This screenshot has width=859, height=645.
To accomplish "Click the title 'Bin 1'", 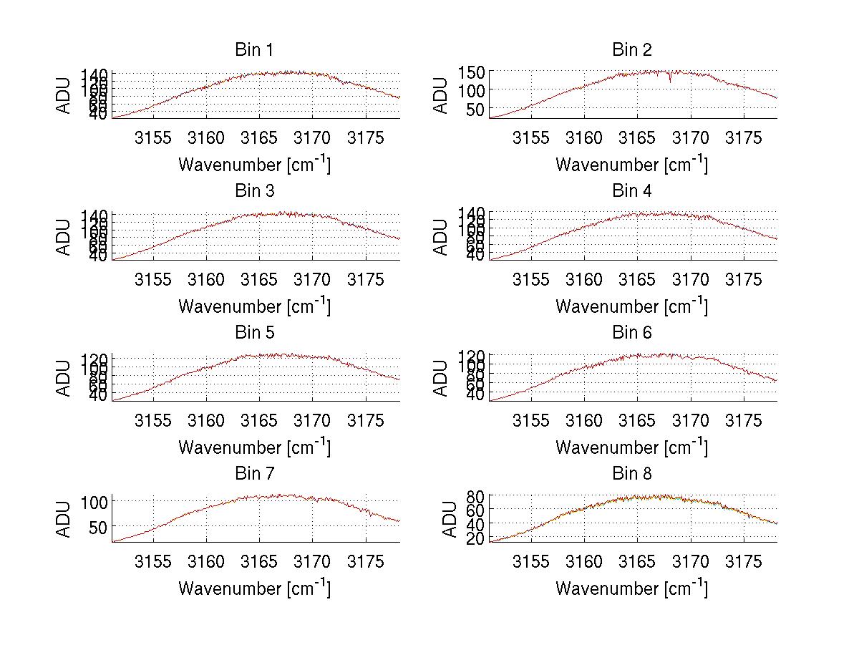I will [254, 50].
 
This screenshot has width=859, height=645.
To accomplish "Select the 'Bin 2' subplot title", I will [632, 50].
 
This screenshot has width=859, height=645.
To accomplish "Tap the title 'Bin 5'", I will [254, 333].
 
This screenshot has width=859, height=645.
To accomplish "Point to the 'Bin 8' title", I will [632, 474].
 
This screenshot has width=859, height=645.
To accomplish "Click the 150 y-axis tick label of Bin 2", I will [472, 72].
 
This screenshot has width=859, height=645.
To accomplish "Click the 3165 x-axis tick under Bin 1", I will [259, 137].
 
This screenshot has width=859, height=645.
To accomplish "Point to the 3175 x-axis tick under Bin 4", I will [744, 278].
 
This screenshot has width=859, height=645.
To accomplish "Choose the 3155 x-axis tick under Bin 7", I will [153, 561].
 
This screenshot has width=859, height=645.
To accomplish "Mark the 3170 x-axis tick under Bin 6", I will [691, 420].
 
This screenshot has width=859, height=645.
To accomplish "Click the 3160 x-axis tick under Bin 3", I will [206, 278].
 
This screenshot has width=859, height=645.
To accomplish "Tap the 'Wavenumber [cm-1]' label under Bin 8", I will [631, 588].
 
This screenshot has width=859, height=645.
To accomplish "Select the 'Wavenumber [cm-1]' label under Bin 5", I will [254, 447].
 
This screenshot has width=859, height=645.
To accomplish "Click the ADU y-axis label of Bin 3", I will [64, 236].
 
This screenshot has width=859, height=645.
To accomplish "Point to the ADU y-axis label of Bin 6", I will [442, 377].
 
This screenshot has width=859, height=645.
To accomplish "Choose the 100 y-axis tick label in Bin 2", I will [472, 90].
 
